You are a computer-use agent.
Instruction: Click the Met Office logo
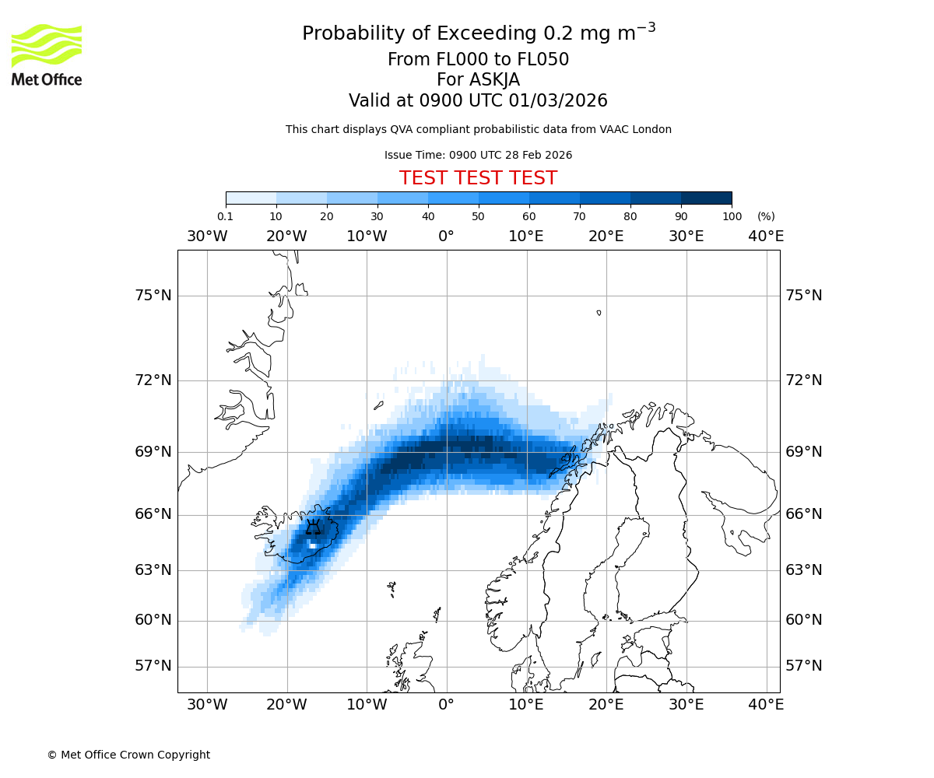(47, 54)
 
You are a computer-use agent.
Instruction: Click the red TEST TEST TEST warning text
(478, 179)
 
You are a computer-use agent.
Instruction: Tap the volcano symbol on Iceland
(313, 528)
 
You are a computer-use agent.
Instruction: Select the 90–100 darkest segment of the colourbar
(706, 198)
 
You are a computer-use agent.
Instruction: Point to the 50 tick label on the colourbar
(478, 216)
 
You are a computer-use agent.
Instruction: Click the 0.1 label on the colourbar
(225, 216)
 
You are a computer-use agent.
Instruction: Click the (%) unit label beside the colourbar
(766, 216)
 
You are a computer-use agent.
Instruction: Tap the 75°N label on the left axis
(152, 296)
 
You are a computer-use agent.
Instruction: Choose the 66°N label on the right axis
(803, 514)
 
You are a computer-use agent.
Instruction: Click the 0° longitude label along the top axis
(446, 236)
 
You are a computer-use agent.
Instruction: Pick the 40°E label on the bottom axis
(766, 705)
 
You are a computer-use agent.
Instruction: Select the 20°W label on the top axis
(286, 236)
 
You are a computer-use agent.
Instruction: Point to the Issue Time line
(478, 155)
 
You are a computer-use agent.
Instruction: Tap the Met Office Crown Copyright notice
(128, 755)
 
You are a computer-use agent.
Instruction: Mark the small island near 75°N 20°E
(599, 313)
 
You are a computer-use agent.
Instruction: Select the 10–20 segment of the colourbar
(301, 198)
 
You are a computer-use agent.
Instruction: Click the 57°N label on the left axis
(152, 666)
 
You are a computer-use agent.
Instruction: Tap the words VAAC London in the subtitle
(638, 129)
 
